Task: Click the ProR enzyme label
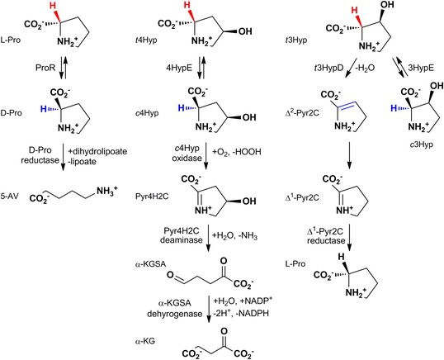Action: (45, 69)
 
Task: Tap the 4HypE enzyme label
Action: (179, 69)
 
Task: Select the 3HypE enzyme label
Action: (421, 69)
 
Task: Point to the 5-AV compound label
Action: (10, 196)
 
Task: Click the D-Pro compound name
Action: (11, 113)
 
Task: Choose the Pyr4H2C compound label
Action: (152, 197)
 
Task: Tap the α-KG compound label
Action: (145, 341)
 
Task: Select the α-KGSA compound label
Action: (150, 264)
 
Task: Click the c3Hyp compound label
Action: (422, 144)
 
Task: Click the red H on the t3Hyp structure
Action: (355, 11)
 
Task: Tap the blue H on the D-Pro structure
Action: (43, 109)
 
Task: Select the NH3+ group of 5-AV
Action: (106, 191)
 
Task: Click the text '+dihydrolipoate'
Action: (97, 152)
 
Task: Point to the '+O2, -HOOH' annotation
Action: (236, 152)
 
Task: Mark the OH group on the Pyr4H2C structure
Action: (249, 201)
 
